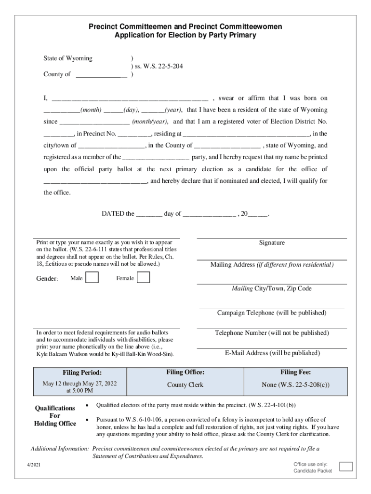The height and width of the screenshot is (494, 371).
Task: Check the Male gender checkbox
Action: pos(92,277)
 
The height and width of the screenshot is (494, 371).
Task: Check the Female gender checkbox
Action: pos(143,277)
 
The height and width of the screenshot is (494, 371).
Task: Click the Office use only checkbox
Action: pos(346,467)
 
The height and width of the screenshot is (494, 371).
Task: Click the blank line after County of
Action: pos(102,74)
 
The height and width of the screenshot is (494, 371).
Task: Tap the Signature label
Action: pos(272,243)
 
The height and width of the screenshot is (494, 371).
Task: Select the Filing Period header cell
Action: pos(82,372)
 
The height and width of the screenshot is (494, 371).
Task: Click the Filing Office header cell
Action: pos(185,372)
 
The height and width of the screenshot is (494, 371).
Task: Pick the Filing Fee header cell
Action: pos(295,372)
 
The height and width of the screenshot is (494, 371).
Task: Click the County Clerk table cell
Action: pos(185,385)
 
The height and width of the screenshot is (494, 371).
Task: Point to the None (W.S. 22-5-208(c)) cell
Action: pos(295,385)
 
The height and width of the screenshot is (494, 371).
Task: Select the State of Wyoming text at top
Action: pos(68,58)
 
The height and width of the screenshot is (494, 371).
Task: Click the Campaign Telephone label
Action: pos(272,313)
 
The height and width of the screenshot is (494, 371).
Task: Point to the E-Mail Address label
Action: pos(272,353)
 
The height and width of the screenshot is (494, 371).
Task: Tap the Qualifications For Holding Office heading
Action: pos(54,415)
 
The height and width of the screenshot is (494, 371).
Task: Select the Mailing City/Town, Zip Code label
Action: pos(272,288)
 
